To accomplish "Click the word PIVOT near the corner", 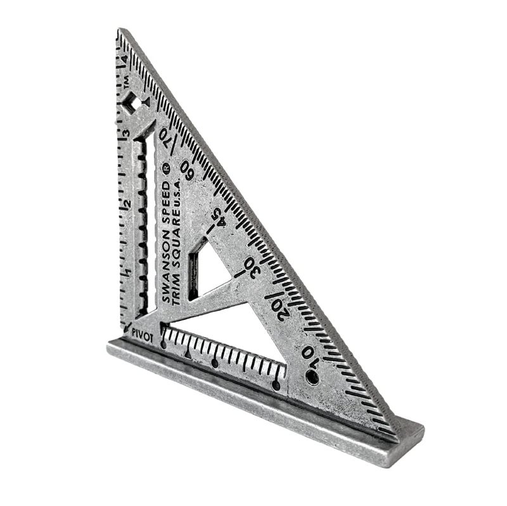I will point(143,337).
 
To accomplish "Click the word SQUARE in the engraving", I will point(176,241).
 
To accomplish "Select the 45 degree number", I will point(217,219).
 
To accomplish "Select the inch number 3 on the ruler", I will point(126,134).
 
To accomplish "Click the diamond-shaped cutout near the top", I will point(131,104).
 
